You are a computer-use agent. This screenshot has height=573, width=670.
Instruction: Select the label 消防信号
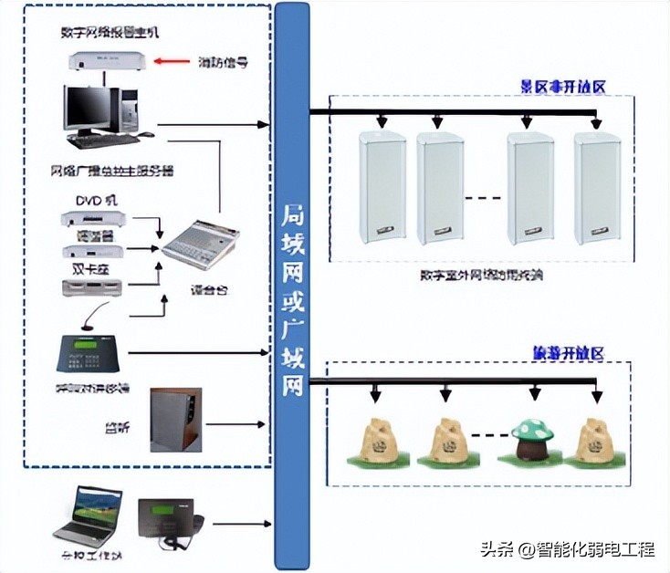(224, 63)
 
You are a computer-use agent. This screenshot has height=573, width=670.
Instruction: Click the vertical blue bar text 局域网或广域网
(291, 301)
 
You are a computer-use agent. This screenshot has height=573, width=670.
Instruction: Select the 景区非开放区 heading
(563, 87)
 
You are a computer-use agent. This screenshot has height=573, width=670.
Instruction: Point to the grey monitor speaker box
(173, 419)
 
